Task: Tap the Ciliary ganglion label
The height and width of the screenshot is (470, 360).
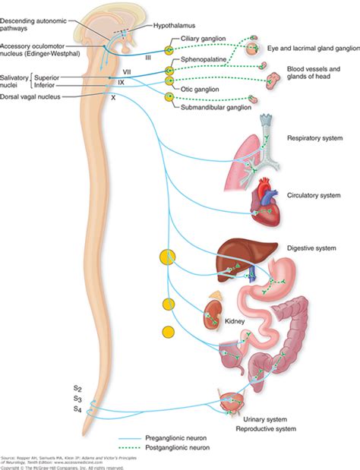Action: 204,38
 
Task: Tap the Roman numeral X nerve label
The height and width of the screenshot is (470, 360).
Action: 114,97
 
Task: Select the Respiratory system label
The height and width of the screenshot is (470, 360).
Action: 314,138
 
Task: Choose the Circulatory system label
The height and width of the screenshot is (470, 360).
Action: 312,194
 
